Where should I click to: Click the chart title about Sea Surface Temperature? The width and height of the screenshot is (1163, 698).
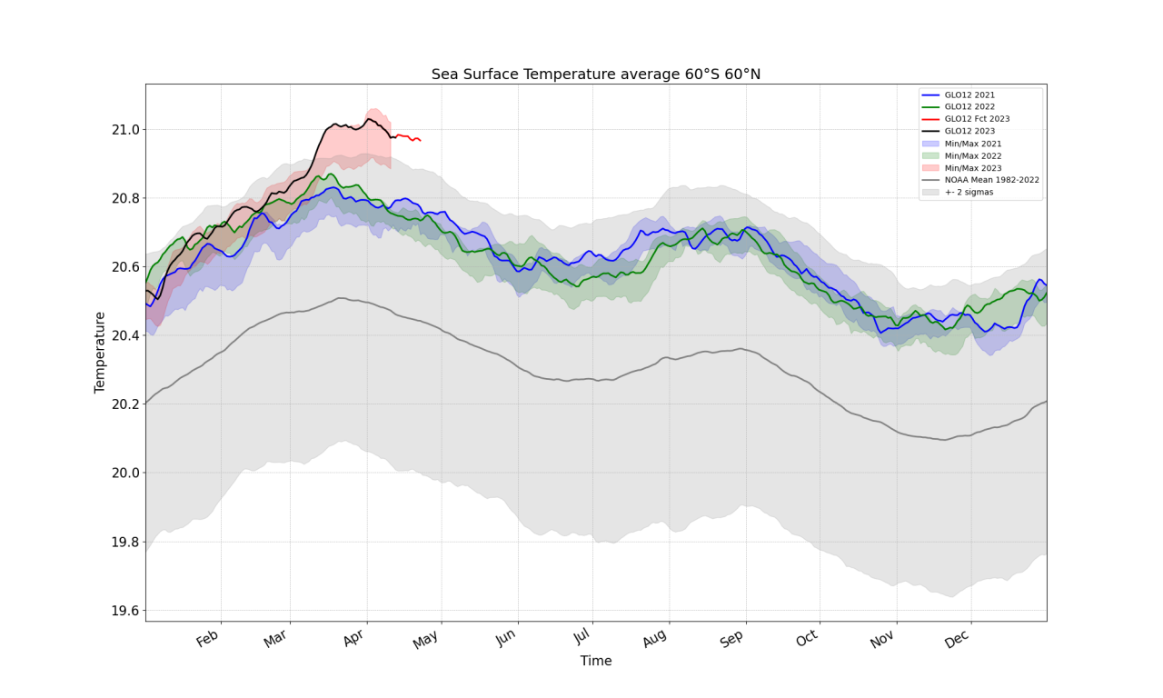coord(595,75)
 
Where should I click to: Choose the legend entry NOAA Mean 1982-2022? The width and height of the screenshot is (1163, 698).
coord(991,180)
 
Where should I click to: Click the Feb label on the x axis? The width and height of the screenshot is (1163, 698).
coord(209,639)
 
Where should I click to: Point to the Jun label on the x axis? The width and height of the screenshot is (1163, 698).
coord(506,639)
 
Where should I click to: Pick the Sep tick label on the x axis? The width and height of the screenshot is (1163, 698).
coord(732,639)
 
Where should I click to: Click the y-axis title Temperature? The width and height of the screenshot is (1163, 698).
coord(100,353)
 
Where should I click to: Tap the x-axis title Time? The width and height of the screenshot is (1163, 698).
coord(596,662)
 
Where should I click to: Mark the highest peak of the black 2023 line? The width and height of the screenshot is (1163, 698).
coord(368,118)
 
